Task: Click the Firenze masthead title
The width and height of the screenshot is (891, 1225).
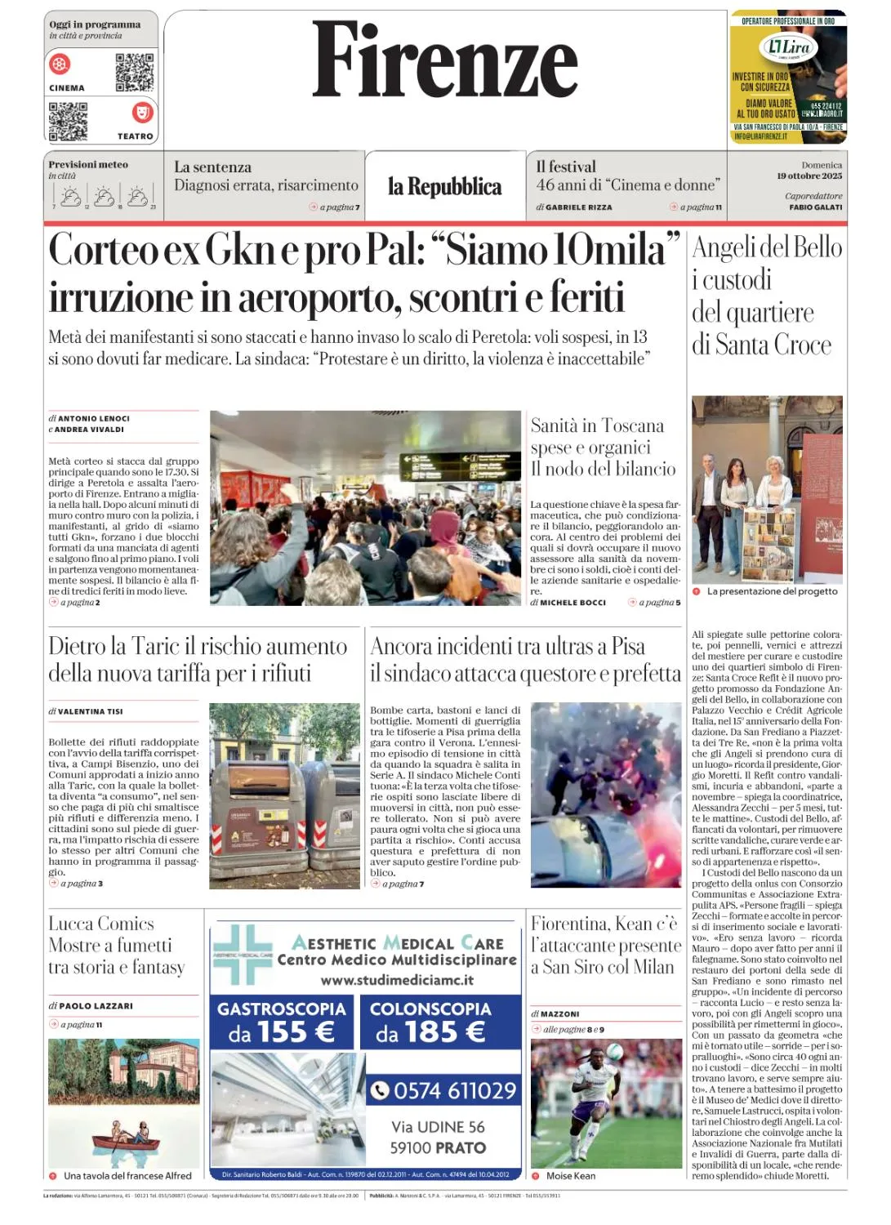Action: point(445,60)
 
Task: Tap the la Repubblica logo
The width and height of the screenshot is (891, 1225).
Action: point(444,187)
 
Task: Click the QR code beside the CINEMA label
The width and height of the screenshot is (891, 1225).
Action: point(134,73)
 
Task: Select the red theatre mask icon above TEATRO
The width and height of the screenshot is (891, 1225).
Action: point(142,112)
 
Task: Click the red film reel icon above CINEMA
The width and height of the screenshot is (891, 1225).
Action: point(60,64)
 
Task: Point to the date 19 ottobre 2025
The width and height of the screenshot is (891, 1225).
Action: point(809,176)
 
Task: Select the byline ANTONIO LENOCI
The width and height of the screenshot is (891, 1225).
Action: point(93,418)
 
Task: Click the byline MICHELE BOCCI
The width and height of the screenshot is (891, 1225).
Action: point(572,603)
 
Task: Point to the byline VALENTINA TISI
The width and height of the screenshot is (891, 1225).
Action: point(90,711)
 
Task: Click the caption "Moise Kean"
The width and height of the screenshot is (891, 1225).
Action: point(570,1176)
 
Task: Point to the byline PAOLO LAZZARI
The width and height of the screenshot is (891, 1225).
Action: point(95,1006)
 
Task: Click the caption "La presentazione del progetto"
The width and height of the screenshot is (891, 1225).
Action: point(772,591)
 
